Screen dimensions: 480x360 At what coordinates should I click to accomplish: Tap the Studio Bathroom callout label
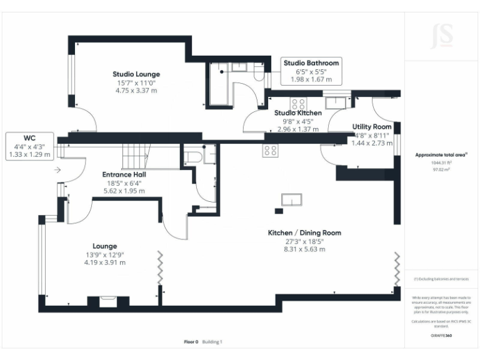[311, 63]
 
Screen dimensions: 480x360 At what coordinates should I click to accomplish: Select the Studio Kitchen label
[298, 113]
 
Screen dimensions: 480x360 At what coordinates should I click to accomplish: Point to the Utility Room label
[372, 127]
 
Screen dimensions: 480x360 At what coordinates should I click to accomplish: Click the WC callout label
[29, 138]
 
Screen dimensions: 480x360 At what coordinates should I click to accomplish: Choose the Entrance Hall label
[124, 174]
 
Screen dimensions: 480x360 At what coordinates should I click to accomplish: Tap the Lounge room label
[105, 246]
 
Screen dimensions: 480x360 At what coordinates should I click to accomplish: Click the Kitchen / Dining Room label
[304, 233]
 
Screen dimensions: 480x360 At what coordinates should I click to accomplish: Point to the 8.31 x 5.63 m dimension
[304, 249]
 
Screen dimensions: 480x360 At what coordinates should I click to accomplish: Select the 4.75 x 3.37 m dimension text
[136, 91]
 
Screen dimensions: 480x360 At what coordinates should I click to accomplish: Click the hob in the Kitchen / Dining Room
[270, 150]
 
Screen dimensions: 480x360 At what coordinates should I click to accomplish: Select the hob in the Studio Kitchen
[298, 104]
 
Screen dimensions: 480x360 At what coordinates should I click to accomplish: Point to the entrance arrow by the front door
[57, 169]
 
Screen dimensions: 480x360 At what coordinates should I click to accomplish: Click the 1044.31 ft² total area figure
[442, 162]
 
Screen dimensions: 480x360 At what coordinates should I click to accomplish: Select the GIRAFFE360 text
[442, 336]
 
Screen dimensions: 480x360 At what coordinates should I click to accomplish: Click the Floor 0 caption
[191, 342]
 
